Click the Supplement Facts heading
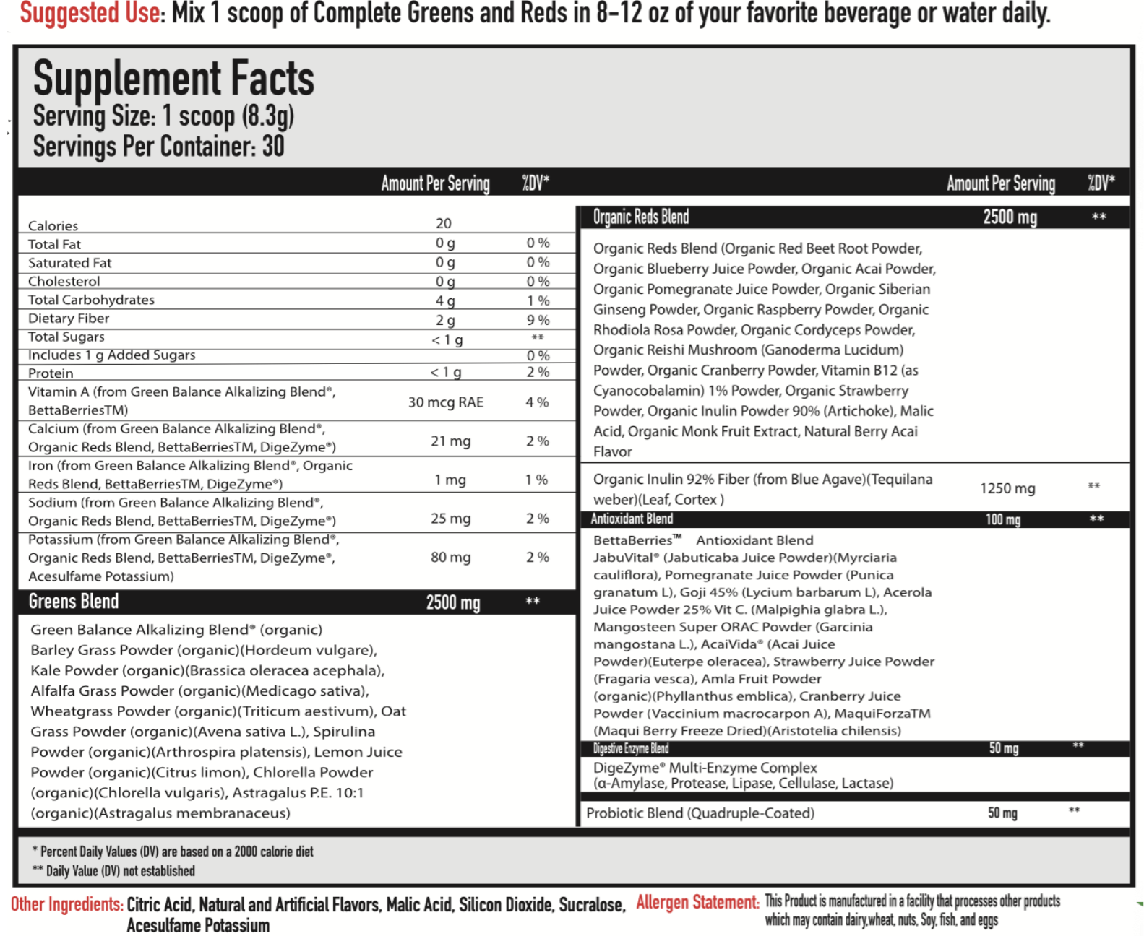(173, 79)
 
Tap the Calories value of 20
(444, 224)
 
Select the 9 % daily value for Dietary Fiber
(538, 320)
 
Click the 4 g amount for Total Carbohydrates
(445, 301)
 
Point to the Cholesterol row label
(64, 282)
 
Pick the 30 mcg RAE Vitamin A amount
(445, 402)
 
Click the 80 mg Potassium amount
(450, 558)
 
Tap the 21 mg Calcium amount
(450, 441)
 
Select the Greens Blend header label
(74, 602)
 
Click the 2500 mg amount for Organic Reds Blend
(1010, 217)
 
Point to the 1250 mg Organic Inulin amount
(1007, 489)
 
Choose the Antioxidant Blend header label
(632, 519)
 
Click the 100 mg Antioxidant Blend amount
(1003, 519)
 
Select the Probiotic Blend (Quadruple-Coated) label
(700, 813)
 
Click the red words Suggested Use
(91, 13)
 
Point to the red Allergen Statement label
(697, 902)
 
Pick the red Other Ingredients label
(66, 904)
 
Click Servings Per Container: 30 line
(158, 147)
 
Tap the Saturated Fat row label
(70, 263)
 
